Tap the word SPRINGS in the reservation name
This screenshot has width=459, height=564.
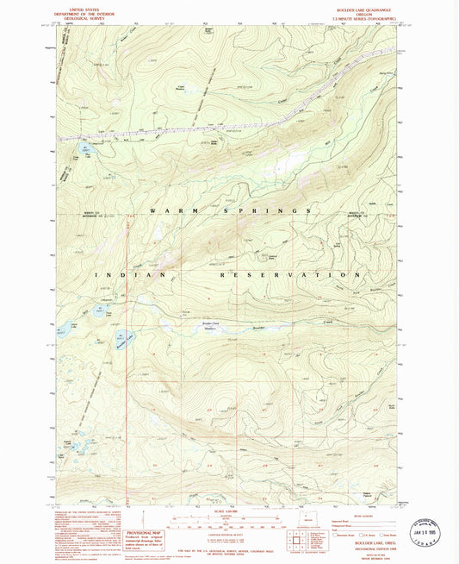[266, 210]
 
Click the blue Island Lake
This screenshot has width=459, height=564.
[63, 329]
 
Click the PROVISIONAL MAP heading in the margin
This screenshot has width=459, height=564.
[143, 511]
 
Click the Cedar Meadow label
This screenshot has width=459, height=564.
[182, 86]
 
